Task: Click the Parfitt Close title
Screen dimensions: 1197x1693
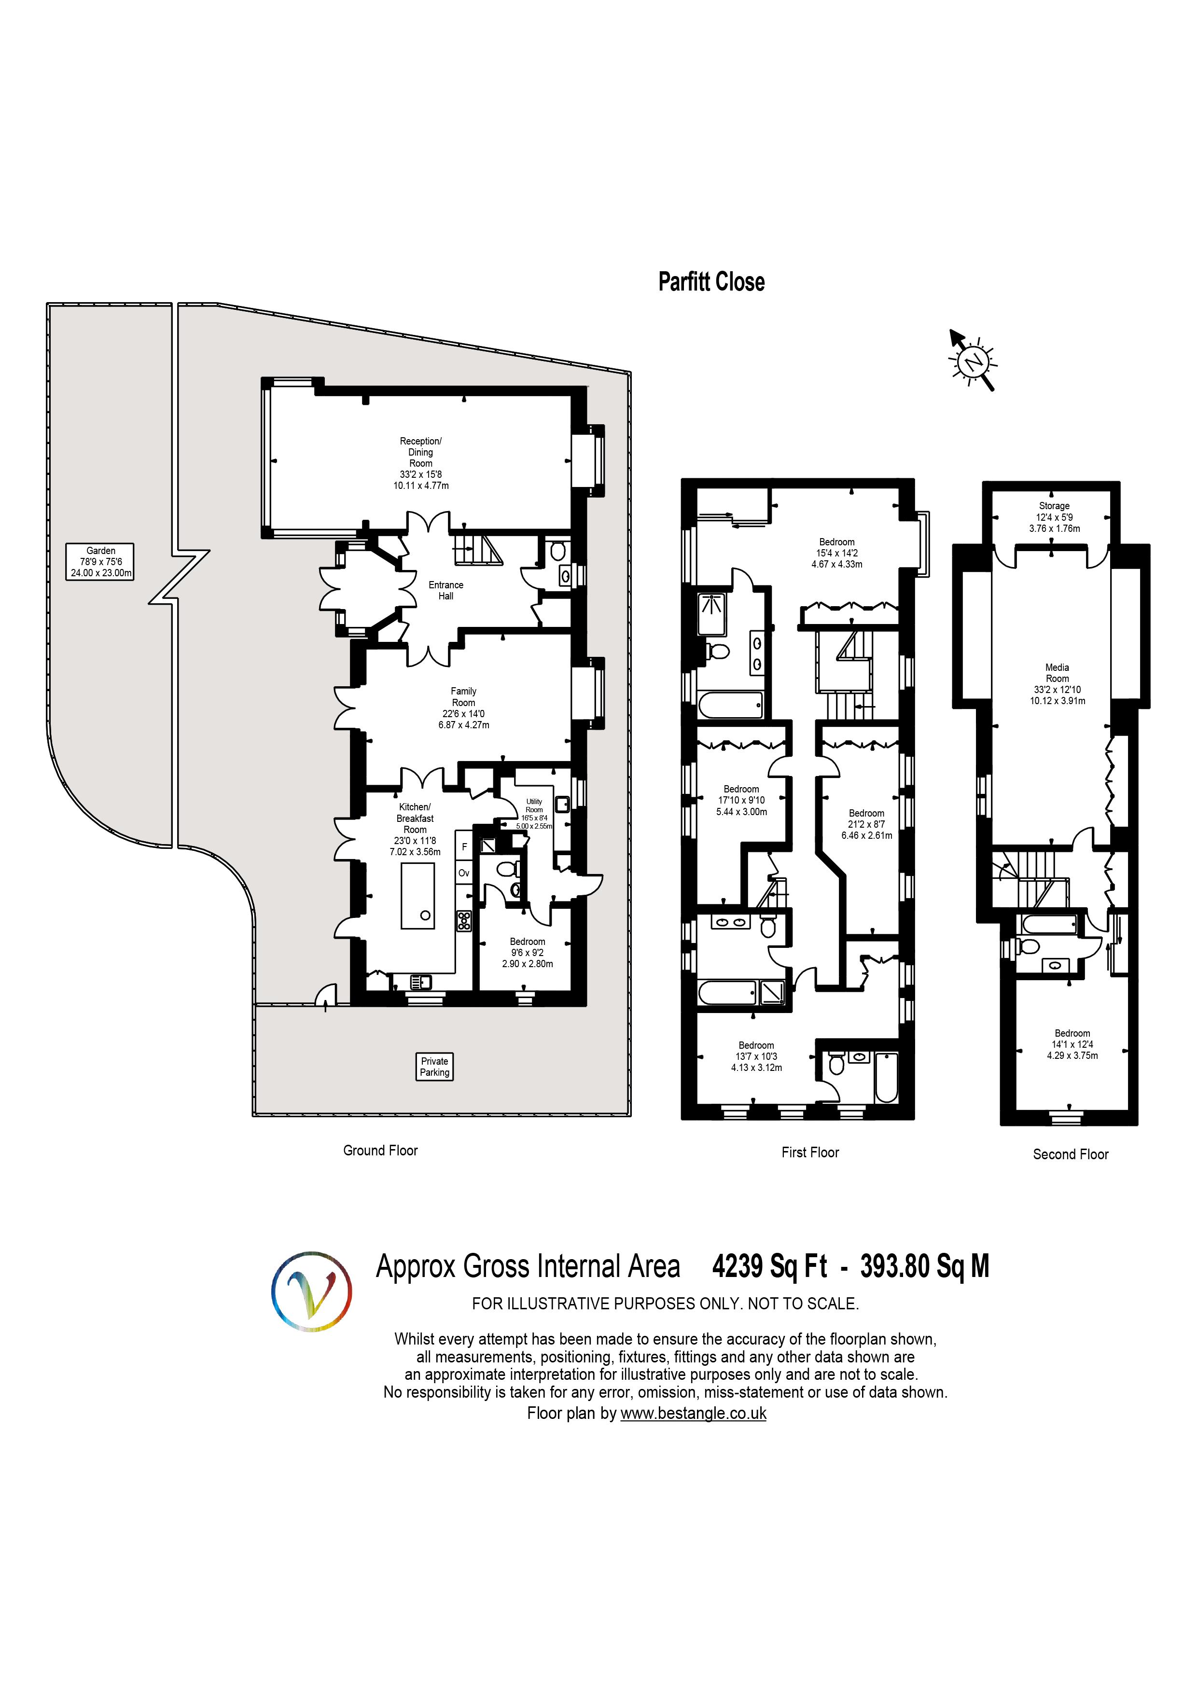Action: point(711,282)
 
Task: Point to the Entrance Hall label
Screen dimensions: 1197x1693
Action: point(445,590)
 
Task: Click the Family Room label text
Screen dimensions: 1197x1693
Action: point(463,708)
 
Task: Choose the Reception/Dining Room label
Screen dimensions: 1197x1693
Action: point(420,463)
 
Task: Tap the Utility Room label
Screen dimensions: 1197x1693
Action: point(534,813)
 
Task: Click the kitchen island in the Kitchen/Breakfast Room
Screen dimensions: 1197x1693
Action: point(418,896)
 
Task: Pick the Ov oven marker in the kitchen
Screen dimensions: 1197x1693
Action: point(464,873)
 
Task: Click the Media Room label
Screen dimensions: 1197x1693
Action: point(1057,683)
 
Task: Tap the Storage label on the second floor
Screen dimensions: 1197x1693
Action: point(1054,517)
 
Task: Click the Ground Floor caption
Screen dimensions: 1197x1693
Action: point(380,1150)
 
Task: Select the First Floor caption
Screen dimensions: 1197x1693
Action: point(810,1152)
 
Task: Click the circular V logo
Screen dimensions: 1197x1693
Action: point(311,1291)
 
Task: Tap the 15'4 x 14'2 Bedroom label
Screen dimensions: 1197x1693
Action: point(836,553)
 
